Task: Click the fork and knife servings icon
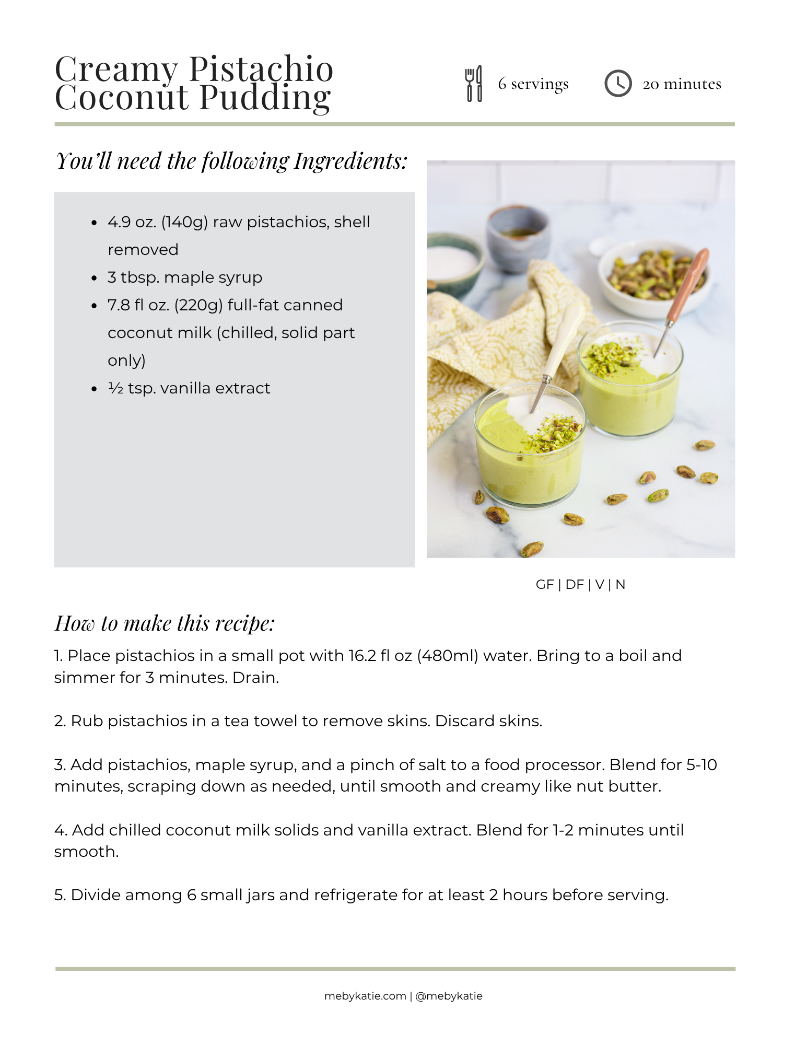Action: [474, 84]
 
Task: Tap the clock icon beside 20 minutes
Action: [618, 84]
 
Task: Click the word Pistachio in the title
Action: [261, 69]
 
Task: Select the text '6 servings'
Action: [533, 84]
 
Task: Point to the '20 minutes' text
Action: [682, 84]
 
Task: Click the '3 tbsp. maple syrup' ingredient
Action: [185, 277]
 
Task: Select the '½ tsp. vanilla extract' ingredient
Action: [189, 388]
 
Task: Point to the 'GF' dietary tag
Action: [545, 585]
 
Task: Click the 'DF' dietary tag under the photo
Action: [575, 585]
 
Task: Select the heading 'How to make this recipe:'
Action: [165, 623]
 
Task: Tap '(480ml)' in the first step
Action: [448, 656]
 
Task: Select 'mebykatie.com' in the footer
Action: [365, 996]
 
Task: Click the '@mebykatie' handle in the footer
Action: [449, 996]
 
